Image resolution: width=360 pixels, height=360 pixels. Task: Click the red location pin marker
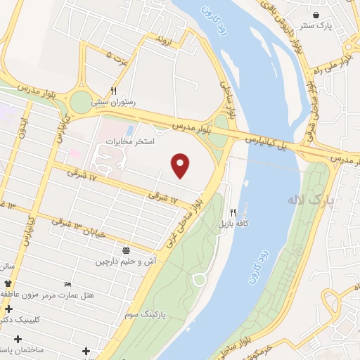click(x=181, y=165)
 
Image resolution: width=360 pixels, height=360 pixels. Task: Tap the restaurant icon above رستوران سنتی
click(x=113, y=91)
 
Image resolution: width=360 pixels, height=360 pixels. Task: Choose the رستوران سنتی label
click(x=113, y=102)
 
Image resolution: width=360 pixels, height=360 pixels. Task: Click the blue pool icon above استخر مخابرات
click(x=129, y=131)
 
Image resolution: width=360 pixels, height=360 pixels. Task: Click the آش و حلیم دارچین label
click(x=122, y=261)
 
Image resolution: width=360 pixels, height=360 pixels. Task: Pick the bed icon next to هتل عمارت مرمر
click(x=67, y=283)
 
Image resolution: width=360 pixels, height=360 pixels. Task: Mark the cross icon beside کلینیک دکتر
click(x=8, y=309)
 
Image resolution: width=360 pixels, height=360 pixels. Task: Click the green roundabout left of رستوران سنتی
click(x=81, y=102)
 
